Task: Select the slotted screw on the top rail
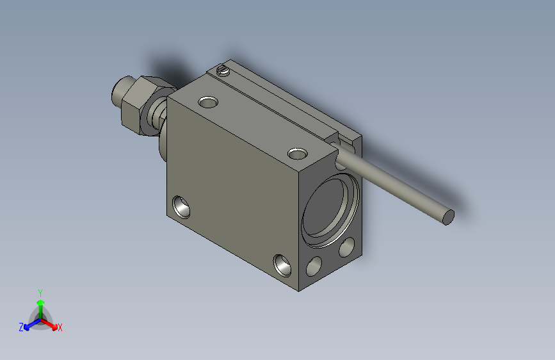[x=223, y=70]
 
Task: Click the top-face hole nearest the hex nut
[x=208, y=102]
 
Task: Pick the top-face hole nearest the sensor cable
[x=297, y=154]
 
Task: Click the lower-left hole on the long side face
[x=181, y=207]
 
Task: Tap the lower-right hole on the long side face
[x=282, y=265]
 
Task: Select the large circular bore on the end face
[x=330, y=210]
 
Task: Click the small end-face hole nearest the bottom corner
[x=314, y=266]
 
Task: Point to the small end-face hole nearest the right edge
[x=346, y=247]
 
